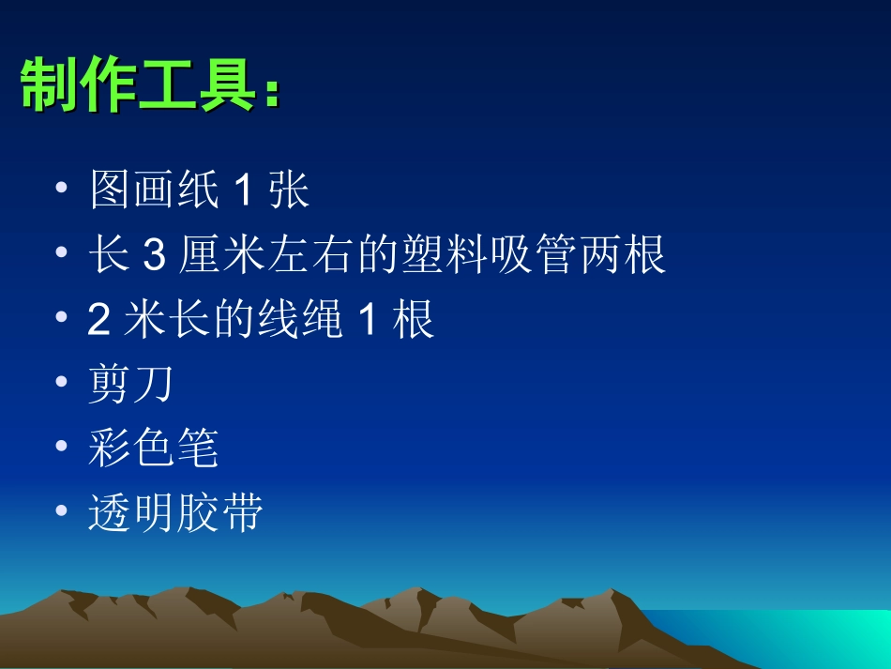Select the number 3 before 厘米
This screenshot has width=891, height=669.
[153, 256]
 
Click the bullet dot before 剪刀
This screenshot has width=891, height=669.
[62, 383]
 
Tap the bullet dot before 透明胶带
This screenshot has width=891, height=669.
[62, 512]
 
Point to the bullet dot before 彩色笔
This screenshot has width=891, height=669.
[62, 448]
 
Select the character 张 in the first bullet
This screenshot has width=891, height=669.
[289, 191]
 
